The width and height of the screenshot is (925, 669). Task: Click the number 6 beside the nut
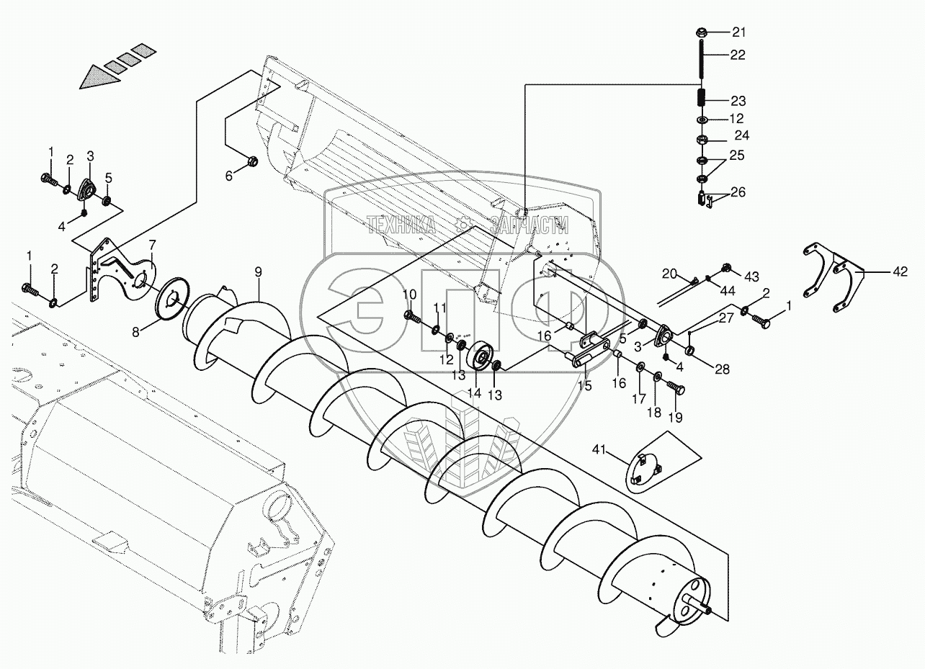click(x=230, y=175)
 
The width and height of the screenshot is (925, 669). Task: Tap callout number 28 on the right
click(x=721, y=369)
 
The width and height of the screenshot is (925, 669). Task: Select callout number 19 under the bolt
click(x=676, y=417)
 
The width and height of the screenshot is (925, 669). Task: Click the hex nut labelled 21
click(x=701, y=32)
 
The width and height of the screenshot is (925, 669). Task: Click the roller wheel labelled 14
click(x=481, y=356)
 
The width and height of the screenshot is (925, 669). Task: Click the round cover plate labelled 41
click(x=645, y=472)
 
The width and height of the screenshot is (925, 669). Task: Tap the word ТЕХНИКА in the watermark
click(x=400, y=225)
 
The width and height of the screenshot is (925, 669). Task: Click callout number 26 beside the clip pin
click(x=738, y=192)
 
